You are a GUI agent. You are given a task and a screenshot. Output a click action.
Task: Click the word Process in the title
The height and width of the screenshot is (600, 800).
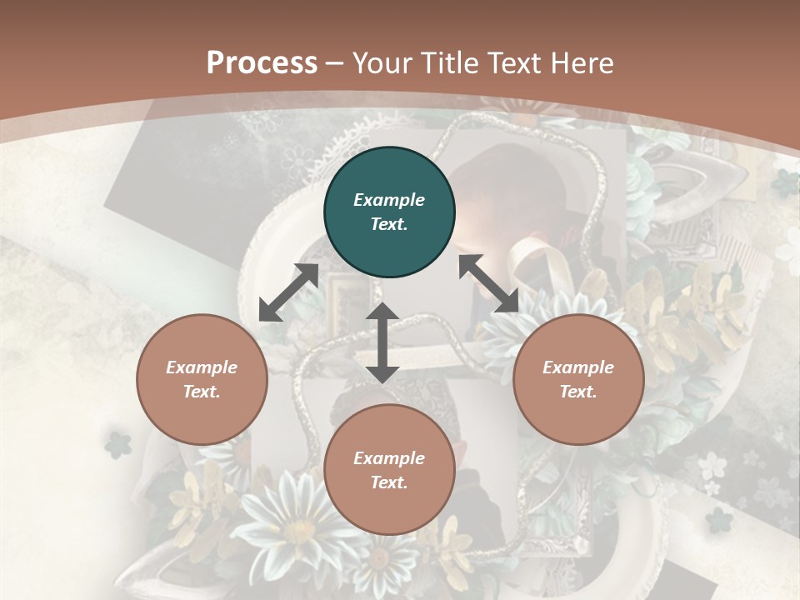click(x=262, y=63)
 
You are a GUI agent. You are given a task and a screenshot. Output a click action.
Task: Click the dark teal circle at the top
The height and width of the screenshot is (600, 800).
click(x=389, y=212)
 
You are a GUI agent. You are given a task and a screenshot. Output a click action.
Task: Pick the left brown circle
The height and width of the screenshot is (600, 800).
click(x=202, y=380)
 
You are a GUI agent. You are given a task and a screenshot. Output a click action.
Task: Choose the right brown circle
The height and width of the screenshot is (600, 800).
click(x=578, y=380)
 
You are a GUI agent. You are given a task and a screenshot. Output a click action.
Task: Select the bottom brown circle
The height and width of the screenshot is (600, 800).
click(x=389, y=470)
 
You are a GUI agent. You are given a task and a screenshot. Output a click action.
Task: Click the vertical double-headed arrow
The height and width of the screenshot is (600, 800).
click(x=382, y=342)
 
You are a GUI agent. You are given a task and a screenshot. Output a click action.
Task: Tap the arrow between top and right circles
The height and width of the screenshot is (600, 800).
click(x=489, y=284)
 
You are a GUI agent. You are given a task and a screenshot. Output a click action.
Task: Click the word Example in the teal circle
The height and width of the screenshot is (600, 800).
click(x=389, y=200)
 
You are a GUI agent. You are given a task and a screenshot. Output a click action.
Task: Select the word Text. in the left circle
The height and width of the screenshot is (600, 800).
click(x=202, y=392)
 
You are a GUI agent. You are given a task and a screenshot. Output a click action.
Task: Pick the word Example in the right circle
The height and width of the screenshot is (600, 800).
click(x=578, y=367)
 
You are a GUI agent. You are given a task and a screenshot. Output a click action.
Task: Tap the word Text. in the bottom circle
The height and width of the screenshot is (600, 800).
click(x=389, y=482)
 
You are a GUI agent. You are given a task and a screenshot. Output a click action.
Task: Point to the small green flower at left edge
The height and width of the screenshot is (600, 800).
click(x=118, y=444)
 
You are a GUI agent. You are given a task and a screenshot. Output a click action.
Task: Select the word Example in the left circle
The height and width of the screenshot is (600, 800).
click(x=202, y=367)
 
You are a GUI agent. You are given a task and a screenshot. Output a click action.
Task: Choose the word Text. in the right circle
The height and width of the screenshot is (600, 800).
click(x=578, y=392)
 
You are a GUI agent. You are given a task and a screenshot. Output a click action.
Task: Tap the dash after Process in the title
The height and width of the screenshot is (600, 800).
click(x=335, y=63)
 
